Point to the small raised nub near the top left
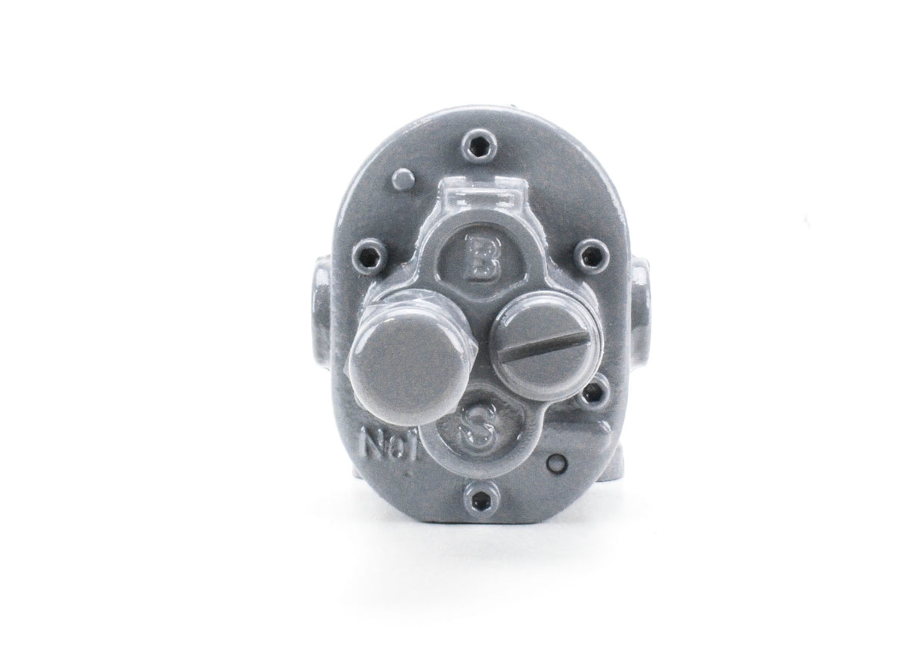(404, 178)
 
